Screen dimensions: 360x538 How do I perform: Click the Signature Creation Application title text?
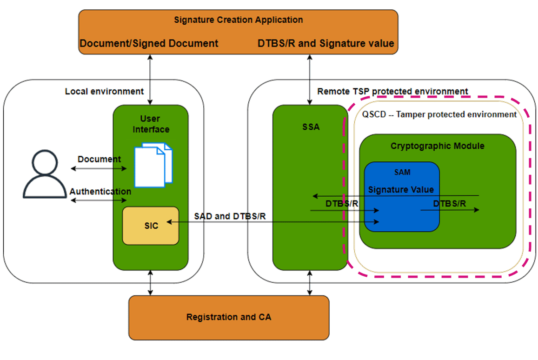238,20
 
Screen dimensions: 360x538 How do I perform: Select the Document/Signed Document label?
149,43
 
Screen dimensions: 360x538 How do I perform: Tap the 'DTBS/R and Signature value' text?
325,43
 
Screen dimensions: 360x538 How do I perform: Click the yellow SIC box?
151,226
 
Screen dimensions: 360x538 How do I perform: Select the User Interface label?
151,124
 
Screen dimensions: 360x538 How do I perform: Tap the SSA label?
311,127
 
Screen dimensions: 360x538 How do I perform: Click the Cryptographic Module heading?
437,146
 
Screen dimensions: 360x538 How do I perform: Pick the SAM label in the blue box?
402,172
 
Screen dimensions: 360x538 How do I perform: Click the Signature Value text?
401,189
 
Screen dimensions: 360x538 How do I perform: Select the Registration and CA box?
228,317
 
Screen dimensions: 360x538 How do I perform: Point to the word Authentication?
100,192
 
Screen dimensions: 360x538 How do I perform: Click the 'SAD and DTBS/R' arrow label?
230,216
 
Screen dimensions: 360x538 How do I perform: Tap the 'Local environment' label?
104,91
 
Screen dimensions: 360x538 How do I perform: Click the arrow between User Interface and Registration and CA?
150,282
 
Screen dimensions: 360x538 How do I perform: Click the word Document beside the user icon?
99,160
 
